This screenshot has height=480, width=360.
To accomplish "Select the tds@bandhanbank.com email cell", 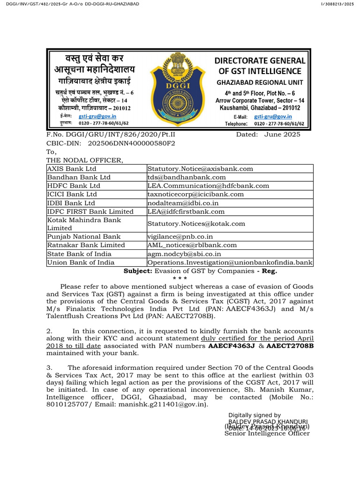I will pos(186,177).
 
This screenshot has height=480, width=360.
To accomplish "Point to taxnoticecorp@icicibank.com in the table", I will pos(195,194).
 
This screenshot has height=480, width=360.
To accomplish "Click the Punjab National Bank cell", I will pos(83,237).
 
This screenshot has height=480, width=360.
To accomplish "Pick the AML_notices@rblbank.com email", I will pos(192,245).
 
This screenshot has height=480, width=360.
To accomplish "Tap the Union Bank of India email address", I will pos(230,262).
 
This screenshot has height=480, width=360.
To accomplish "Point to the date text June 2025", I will pos(282,135).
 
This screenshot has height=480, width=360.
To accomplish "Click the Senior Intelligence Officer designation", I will pos(267,434).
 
